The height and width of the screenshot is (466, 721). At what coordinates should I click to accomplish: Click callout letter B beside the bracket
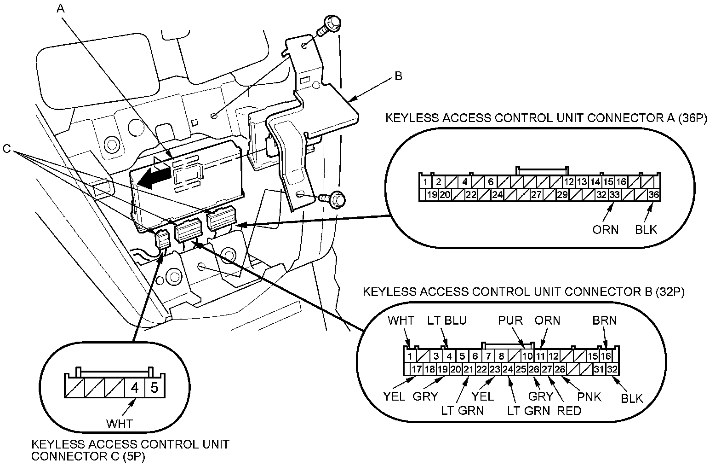click(398, 76)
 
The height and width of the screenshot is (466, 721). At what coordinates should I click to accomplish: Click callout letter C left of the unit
click(7, 148)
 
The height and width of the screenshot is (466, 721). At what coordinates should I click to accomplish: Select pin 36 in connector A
click(653, 195)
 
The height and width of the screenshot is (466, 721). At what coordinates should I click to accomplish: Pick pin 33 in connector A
click(614, 195)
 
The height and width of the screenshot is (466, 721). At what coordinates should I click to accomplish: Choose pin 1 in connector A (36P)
click(426, 182)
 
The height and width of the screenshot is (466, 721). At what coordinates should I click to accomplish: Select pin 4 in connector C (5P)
click(135, 387)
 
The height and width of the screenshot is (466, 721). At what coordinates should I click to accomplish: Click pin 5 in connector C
click(154, 387)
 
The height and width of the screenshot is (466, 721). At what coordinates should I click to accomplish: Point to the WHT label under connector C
click(120, 423)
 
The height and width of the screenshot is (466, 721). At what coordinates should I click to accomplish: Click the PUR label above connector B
click(510, 320)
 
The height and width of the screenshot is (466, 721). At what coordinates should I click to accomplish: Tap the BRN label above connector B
click(605, 320)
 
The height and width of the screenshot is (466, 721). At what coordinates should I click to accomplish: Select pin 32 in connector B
click(612, 369)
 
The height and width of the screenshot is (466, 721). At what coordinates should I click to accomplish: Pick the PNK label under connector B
click(589, 396)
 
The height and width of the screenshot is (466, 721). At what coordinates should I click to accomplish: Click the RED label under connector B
click(569, 410)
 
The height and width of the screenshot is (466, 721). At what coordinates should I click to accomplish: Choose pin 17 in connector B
click(417, 369)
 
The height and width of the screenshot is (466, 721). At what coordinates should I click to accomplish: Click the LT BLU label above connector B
click(447, 320)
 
